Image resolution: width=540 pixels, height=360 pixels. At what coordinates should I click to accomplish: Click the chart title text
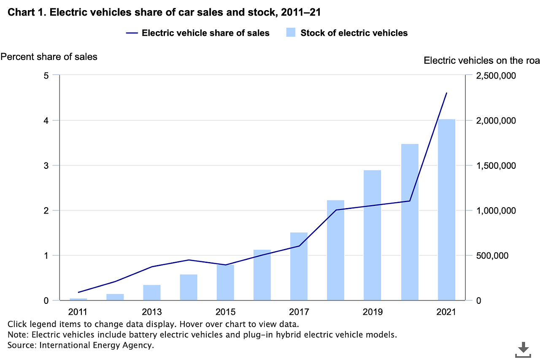click(165, 12)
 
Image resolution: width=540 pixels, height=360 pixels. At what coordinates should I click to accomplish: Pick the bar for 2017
click(299, 266)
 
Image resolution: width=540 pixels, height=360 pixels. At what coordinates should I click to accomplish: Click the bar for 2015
click(225, 282)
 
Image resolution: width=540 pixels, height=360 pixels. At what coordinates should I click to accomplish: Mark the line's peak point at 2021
click(446, 93)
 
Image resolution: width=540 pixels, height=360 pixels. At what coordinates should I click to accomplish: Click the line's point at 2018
click(336, 210)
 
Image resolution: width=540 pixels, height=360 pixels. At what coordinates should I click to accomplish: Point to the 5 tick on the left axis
click(46, 76)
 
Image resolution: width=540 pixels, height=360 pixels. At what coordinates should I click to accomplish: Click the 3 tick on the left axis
click(46, 165)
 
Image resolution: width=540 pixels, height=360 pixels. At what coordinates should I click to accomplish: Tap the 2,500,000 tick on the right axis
click(494, 76)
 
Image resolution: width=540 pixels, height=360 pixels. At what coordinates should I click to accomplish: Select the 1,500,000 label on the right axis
click(494, 165)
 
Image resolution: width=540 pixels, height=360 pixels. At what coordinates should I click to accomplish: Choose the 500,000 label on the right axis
click(490, 255)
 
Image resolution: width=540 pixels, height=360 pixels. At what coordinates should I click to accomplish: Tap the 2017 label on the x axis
click(299, 312)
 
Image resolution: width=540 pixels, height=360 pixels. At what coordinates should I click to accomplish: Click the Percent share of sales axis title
click(49, 57)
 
